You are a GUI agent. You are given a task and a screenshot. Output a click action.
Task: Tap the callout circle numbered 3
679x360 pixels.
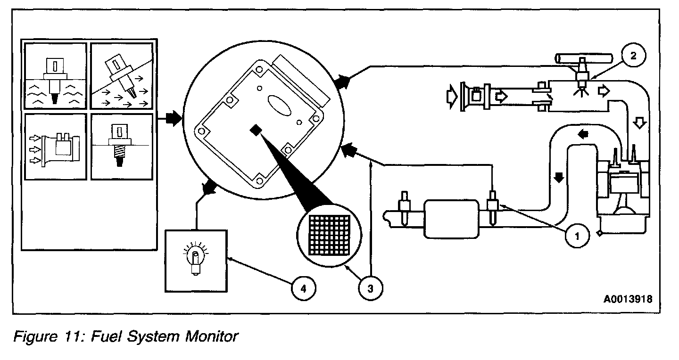(x=370, y=288)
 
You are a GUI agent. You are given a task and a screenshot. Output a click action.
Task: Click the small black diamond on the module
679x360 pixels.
(x=256, y=130)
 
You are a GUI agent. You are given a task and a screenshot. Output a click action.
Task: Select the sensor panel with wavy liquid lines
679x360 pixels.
(x=56, y=76)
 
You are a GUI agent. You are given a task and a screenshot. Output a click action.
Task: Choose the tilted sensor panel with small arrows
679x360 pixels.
(x=121, y=76)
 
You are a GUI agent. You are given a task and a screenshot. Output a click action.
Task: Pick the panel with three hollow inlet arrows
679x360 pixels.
(x=56, y=147)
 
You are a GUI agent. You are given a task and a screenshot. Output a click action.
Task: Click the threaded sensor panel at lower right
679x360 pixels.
(x=121, y=147)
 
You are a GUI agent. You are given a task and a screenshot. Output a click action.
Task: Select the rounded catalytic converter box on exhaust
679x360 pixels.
(x=452, y=218)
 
